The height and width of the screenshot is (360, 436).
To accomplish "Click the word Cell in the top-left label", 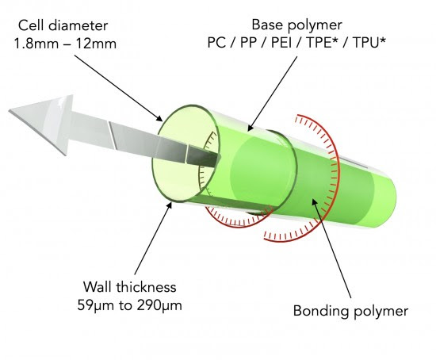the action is [31, 25].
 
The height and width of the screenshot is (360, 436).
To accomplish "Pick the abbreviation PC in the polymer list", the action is [216, 43].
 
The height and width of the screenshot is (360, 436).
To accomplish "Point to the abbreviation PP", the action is [248, 43].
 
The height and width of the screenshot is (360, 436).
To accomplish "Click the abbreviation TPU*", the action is [369, 43].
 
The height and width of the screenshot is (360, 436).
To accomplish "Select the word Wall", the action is [98, 287].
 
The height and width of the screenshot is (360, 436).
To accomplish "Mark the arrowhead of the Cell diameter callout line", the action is [159, 118].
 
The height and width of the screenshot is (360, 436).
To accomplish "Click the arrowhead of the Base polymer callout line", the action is [250, 128].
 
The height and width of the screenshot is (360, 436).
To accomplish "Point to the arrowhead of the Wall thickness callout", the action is [169, 206].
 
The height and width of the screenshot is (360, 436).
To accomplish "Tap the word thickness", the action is [146, 287].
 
